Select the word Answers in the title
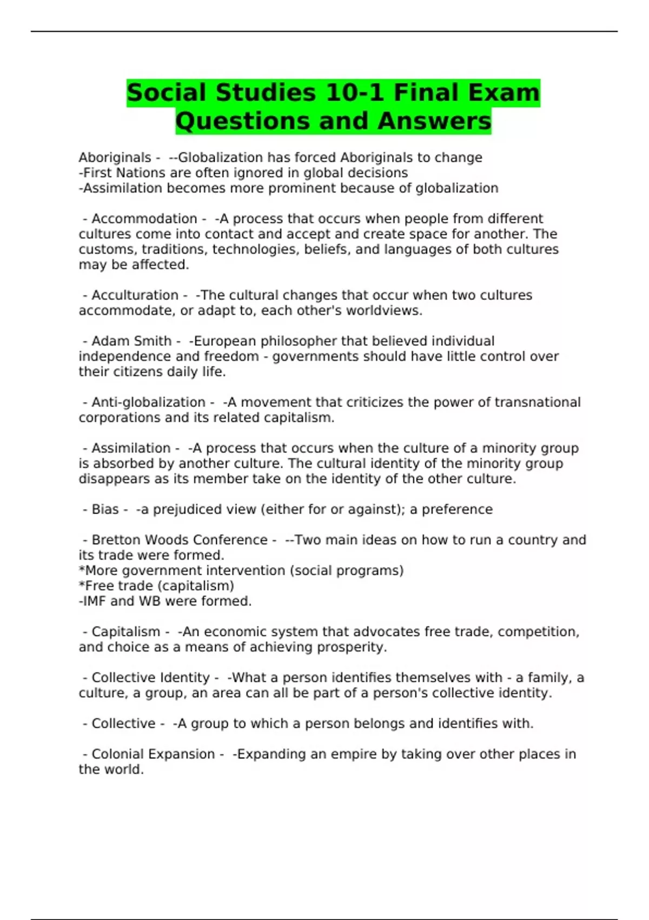[x=434, y=121]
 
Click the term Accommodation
[x=144, y=219]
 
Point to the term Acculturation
[x=135, y=295]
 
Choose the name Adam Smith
[x=131, y=341]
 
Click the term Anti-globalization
[x=148, y=403]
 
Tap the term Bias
[x=105, y=509]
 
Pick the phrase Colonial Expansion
[x=153, y=754]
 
